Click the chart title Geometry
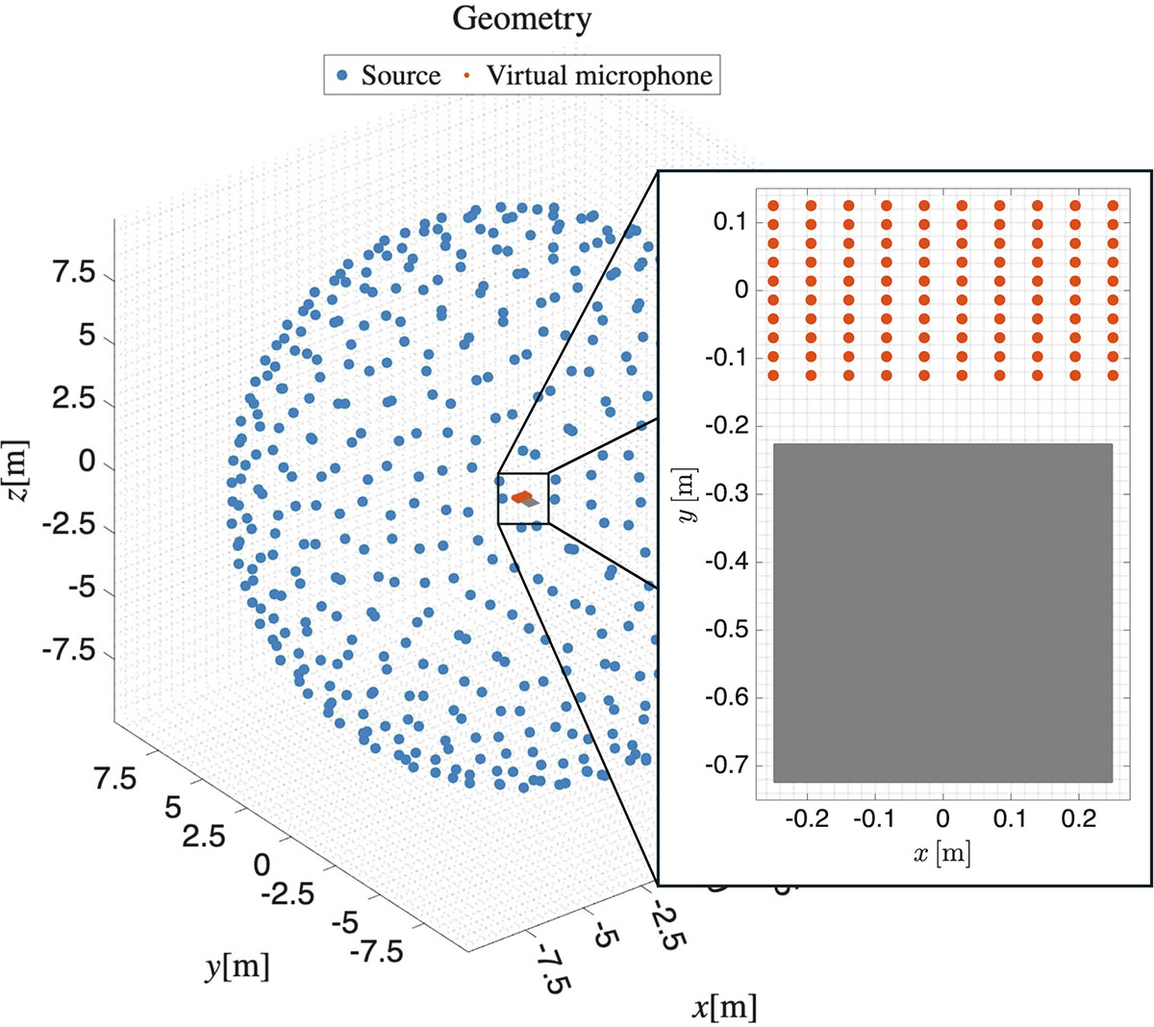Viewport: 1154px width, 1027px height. pyautogui.click(x=521, y=18)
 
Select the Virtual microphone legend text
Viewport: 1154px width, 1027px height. pyautogui.click(x=599, y=75)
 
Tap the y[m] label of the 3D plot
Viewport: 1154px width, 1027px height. pyautogui.click(x=237, y=966)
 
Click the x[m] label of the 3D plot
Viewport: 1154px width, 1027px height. pyautogui.click(x=723, y=1007)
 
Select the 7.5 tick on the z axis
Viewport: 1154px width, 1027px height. pyautogui.click(x=73, y=274)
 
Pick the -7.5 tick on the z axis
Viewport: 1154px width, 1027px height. pyautogui.click(x=67, y=651)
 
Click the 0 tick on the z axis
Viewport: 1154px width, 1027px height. pyautogui.click(x=87, y=463)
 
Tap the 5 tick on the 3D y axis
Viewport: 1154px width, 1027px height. pyautogui.click(x=172, y=808)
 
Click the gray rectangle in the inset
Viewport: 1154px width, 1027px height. pyautogui.click(x=942, y=613)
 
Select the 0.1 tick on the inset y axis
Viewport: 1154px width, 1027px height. pyautogui.click(x=730, y=222)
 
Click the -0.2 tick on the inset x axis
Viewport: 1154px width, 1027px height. pyautogui.click(x=808, y=818)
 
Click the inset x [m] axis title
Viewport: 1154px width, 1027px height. pyautogui.click(x=941, y=852)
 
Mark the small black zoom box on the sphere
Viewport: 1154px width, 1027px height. pyautogui.click(x=523, y=498)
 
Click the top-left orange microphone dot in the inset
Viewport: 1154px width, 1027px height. pyautogui.click(x=772, y=205)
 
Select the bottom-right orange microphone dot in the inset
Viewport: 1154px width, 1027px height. pyautogui.click(x=1113, y=375)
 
